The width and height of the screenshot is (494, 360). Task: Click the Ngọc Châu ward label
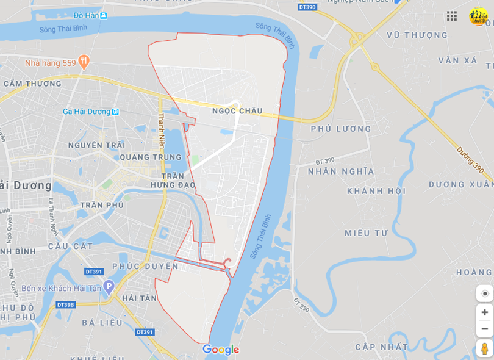coord(237,111)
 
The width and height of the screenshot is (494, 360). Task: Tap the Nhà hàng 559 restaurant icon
coord(84,62)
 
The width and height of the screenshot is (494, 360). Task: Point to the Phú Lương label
coord(341,129)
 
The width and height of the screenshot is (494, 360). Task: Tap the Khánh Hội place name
coord(376,191)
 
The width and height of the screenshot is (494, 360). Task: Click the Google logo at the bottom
coord(221,350)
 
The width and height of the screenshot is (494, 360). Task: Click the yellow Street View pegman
coord(484,348)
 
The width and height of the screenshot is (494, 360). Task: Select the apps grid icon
coord(452,16)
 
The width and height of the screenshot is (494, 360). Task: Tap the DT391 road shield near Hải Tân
coord(145,332)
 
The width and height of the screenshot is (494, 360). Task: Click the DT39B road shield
coord(65,304)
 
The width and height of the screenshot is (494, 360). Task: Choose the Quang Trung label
coord(143,157)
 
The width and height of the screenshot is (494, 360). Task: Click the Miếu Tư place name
coord(366,233)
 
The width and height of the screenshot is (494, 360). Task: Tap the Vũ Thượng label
coord(417,35)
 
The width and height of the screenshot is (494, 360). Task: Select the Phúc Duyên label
coord(145,267)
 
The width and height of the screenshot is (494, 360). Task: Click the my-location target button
coord(484,293)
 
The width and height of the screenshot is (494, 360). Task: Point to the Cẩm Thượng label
coord(32,84)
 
